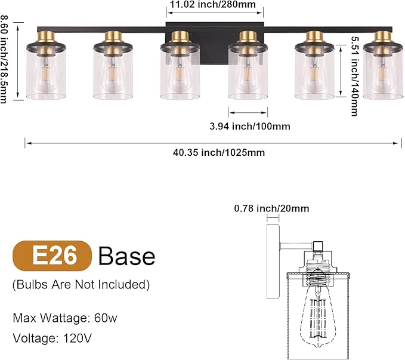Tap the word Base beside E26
pyautogui.click(x=126, y=256)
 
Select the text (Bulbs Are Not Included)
pyautogui.click(x=81, y=284)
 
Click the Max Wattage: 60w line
pyautogui.click(x=64, y=318)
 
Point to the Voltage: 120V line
pyautogui.click(x=52, y=338)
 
